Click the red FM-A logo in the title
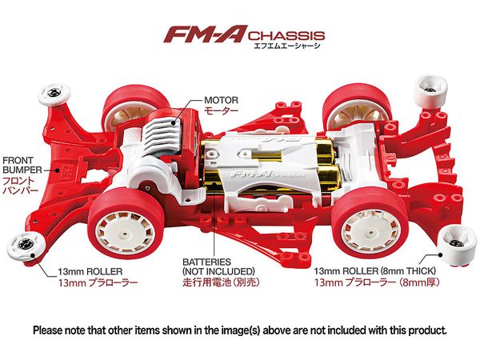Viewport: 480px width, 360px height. [205, 34]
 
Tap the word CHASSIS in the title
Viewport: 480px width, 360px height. [286, 35]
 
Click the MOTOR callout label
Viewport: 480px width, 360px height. [221, 100]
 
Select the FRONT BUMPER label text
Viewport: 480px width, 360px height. [22, 165]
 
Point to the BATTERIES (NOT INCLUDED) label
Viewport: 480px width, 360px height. [218, 266]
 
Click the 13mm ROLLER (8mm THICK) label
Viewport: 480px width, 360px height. [374, 271]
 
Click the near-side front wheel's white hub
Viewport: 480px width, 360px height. [126, 230]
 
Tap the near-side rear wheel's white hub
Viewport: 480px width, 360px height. [370, 227]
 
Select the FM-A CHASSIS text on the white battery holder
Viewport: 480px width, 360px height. [267, 174]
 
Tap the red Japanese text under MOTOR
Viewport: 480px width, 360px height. [221, 110]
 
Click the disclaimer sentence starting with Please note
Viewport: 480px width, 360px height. [240, 330]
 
